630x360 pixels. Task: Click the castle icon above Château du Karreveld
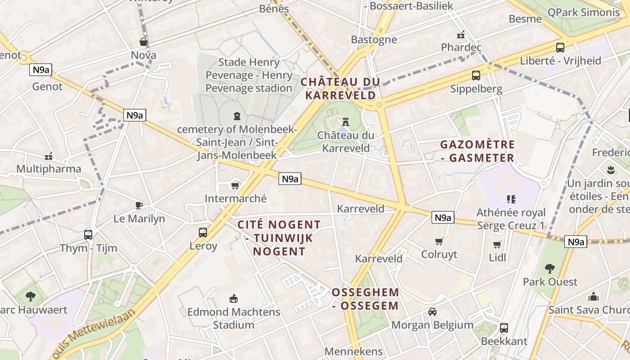(x=346, y=121)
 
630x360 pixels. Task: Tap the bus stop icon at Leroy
(x=203, y=232)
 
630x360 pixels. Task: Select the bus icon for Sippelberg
(x=476, y=75)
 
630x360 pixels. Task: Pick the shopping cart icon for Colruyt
(x=439, y=241)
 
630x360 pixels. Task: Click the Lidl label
(x=497, y=257)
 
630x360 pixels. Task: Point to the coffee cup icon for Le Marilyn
(x=139, y=205)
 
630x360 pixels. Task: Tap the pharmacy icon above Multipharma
(x=49, y=156)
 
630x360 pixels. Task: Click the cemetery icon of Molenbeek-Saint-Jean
(x=237, y=116)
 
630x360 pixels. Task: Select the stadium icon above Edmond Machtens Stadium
(x=233, y=298)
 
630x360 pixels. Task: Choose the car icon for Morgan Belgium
(x=432, y=311)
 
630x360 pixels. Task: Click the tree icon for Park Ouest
(x=549, y=269)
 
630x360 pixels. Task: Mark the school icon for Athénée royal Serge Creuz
(x=511, y=199)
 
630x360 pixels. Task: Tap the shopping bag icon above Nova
(x=144, y=42)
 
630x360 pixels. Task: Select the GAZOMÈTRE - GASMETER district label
(x=477, y=151)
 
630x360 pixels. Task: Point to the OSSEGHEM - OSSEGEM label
(x=365, y=299)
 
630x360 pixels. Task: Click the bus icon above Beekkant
(x=504, y=328)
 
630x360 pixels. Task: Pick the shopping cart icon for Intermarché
(x=234, y=185)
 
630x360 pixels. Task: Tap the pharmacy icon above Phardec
(x=461, y=34)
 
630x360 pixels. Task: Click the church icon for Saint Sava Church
(x=594, y=297)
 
